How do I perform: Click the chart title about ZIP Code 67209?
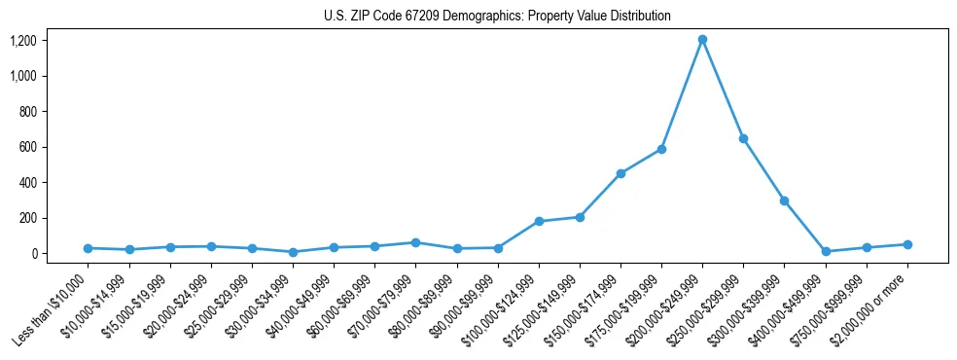(x=497, y=17)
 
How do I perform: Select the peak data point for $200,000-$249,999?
(x=702, y=40)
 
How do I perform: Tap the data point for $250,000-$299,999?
(x=743, y=139)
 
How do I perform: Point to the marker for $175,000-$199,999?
(x=661, y=149)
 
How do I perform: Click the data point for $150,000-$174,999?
(x=620, y=173)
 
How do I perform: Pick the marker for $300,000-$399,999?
(x=784, y=200)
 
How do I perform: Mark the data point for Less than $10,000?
(x=88, y=248)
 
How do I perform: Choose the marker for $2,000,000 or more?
(x=907, y=244)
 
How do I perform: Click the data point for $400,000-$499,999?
(x=826, y=251)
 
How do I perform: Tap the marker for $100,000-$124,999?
(x=539, y=221)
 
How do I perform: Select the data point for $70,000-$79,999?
(x=415, y=242)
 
